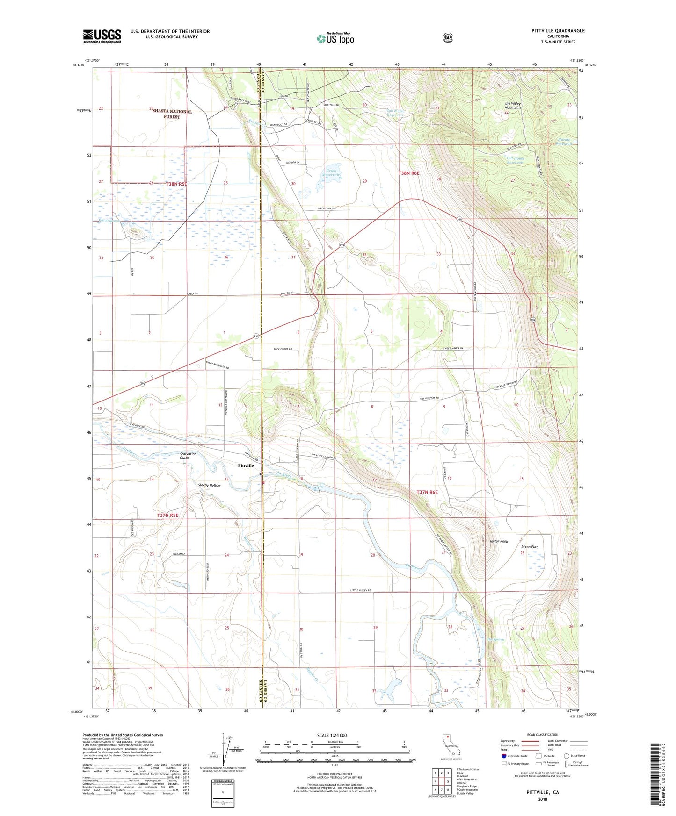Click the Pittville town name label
tap(246, 465)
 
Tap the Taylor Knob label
tap(498, 541)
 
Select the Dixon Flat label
tap(529, 547)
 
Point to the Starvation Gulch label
tap(188, 456)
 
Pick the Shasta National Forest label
tap(172, 114)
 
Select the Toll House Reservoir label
tap(515, 160)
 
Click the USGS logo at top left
tap(102, 36)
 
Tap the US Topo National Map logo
tap(335, 38)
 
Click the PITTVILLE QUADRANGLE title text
tap(558, 31)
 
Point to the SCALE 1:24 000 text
tap(332, 735)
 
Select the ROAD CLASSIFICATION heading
tap(542, 735)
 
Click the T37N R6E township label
tap(427, 492)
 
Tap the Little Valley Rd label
tap(361, 591)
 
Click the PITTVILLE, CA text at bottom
tap(542, 792)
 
